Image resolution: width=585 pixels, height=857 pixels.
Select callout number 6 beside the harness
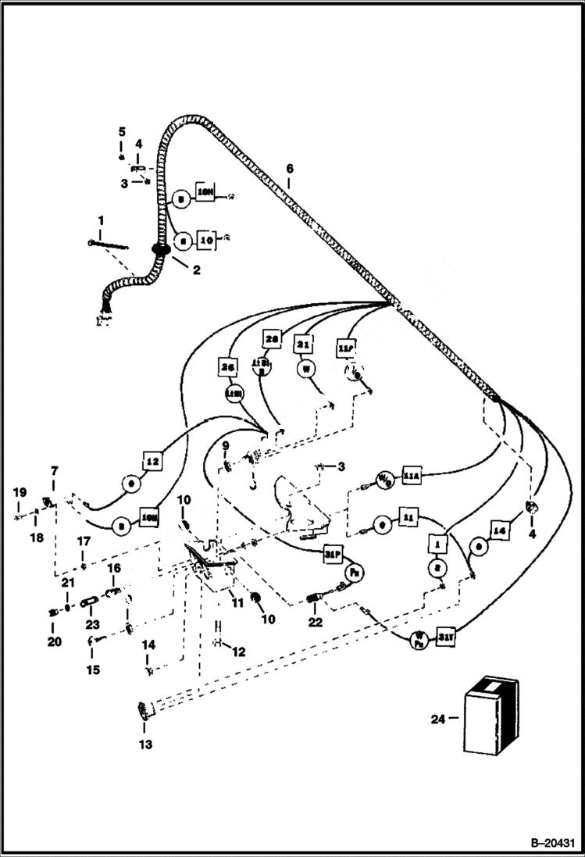290,169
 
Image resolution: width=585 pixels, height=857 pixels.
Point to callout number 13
145,745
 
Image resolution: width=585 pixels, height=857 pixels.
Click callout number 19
20,492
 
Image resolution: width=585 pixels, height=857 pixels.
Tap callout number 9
225,445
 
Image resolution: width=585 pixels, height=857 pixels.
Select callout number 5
121,131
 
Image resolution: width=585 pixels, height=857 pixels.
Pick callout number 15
92,670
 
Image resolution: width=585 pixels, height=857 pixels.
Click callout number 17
84,541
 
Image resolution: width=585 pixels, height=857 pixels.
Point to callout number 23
92,625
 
